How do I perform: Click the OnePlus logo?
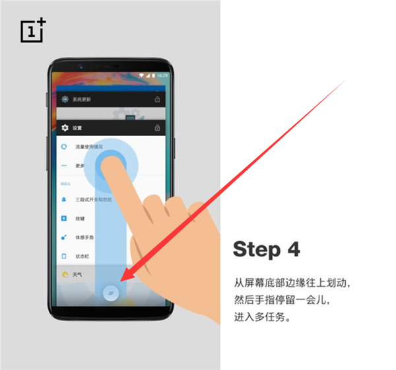pyautogui.click(x=33, y=30)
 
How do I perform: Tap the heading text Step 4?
pyautogui.click(x=266, y=249)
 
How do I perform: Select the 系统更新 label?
pyautogui.click(x=82, y=99)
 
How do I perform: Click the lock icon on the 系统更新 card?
pyautogui.click(x=157, y=99)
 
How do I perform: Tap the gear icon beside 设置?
pyautogui.click(x=65, y=128)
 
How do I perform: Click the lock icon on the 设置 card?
pyautogui.click(x=157, y=128)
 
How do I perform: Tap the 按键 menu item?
pyautogui.click(x=80, y=218)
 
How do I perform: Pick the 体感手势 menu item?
pyautogui.click(x=84, y=237)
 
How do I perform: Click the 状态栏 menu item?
pyautogui.click(x=82, y=256)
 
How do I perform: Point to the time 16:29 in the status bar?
pyautogui.click(x=162, y=75)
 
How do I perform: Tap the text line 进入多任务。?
pyautogui.click(x=262, y=317)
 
